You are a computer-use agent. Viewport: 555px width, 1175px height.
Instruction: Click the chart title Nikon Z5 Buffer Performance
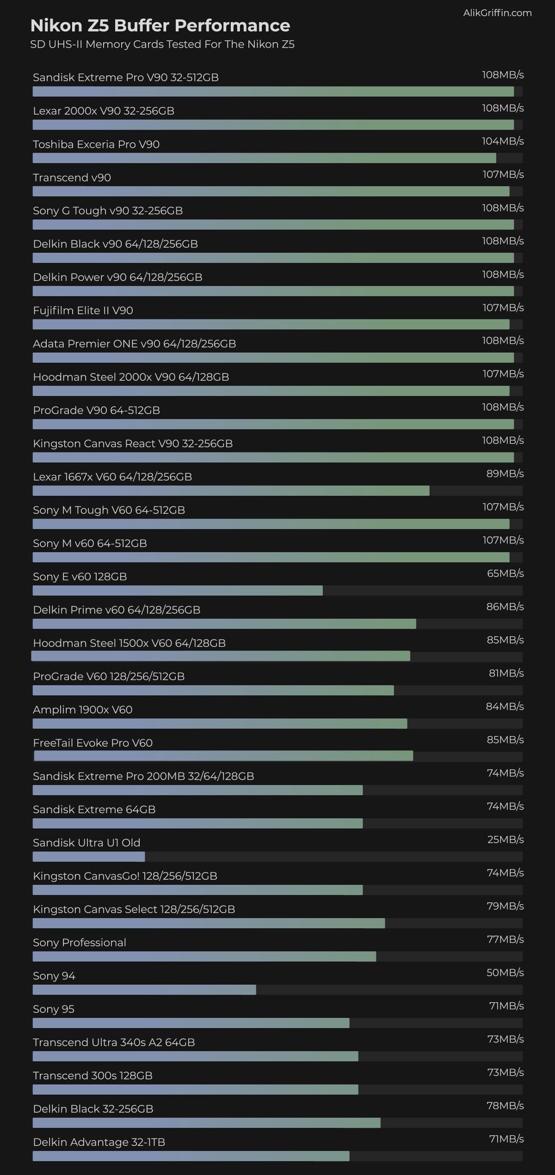point(160,26)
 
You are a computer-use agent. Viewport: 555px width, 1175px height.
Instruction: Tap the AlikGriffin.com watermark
point(497,13)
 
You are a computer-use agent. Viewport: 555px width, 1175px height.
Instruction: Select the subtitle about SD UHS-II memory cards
point(162,44)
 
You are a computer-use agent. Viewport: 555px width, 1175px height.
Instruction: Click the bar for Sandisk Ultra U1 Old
point(89,857)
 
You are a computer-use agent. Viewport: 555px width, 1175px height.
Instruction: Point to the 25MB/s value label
point(505,839)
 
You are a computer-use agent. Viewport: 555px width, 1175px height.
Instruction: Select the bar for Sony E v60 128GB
point(178,591)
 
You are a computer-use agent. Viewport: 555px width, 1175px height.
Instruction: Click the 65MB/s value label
point(505,573)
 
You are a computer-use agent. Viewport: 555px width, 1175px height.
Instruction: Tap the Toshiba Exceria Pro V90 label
point(96,144)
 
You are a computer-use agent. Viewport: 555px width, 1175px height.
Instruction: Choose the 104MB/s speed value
point(503,141)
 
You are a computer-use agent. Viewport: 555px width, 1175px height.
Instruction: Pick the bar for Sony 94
point(144,990)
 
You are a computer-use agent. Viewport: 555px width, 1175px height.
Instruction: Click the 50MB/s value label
point(505,973)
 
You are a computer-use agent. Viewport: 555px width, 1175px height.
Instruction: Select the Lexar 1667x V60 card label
point(112,477)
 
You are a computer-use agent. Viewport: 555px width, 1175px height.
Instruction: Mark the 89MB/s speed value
point(505,474)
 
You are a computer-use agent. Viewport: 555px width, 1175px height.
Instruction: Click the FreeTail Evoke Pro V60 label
point(93,743)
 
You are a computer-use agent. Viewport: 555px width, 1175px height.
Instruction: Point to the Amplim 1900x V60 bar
point(220,724)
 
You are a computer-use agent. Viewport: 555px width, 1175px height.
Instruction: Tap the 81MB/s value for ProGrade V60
point(506,673)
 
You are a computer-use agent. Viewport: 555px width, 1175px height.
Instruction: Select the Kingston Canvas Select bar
point(209,923)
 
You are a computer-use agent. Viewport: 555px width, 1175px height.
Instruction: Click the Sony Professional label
point(80,943)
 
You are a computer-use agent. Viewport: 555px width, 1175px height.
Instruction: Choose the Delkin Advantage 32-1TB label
point(99,1142)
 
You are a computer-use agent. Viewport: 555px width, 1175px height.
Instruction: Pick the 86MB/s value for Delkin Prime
point(505,607)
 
